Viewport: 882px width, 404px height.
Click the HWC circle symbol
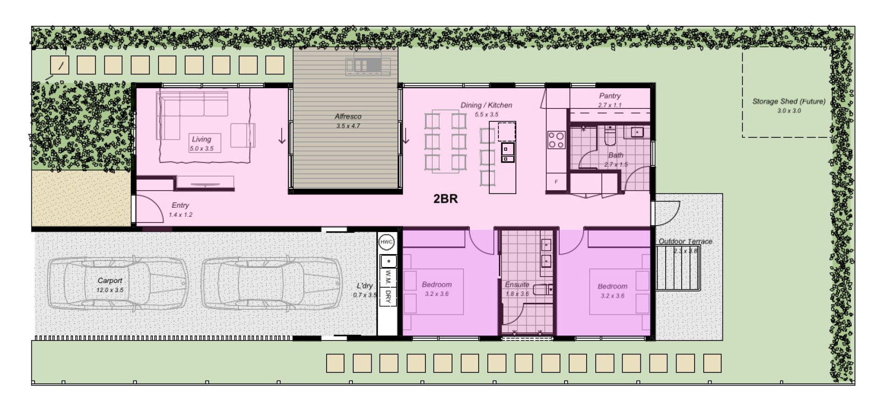click(x=387, y=242)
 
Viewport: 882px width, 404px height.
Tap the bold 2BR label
click(x=445, y=199)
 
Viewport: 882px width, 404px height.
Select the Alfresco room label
click(x=348, y=117)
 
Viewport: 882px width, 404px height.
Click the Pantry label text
click(x=610, y=96)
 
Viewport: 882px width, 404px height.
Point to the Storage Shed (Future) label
click(x=788, y=102)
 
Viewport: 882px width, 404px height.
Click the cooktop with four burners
click(x=556, y=140)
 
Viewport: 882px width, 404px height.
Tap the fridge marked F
click(x=556, y=182)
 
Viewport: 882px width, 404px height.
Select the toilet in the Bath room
click(x=610, y=136)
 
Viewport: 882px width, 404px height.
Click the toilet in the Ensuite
click(x=543, y=290)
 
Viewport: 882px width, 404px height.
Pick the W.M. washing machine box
click(x=388, y=277)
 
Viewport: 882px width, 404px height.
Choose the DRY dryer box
click(x=388, y=296)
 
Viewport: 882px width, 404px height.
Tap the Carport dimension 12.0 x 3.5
click(x=110, y=290)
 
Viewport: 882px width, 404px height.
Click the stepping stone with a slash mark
click(x=60, y=65)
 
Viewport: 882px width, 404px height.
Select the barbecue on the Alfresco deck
click(x=368, y=65)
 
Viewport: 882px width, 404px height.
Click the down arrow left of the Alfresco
click(x=282, y=137)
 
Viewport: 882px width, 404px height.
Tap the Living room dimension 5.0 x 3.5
click(x=202, y=148)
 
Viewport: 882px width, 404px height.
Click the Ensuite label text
click(x=517, y=285)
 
